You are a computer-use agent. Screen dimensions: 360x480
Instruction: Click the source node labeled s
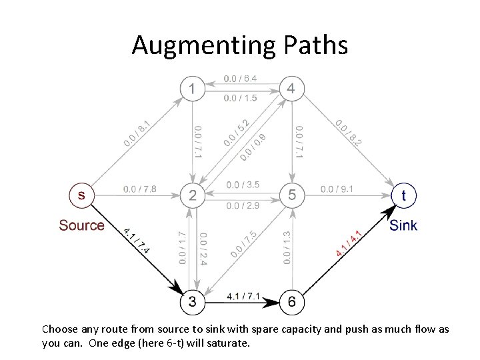tap(81, 195)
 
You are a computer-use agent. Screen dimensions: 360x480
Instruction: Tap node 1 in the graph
tap(192, 88)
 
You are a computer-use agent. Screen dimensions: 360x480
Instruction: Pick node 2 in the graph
tap(192, 195)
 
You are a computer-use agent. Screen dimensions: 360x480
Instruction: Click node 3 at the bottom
tap(192, 303)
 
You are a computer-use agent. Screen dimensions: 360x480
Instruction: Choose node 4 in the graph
tap(291, 88)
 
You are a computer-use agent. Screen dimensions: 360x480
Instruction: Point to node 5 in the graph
tap(291, 195)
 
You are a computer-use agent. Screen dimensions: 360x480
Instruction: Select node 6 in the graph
tap(291, 303)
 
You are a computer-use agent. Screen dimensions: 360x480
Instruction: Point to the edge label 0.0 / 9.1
tap(337, 189)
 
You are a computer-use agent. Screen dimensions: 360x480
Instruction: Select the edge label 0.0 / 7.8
tap(140, 189)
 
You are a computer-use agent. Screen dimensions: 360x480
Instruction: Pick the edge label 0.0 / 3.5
tap(243, 185)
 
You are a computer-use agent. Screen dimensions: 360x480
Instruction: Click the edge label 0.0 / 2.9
tap(243, 206)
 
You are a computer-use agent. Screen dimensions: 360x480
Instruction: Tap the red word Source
tap(81, 225)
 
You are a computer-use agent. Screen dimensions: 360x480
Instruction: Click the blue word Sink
tap(403, 225)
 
